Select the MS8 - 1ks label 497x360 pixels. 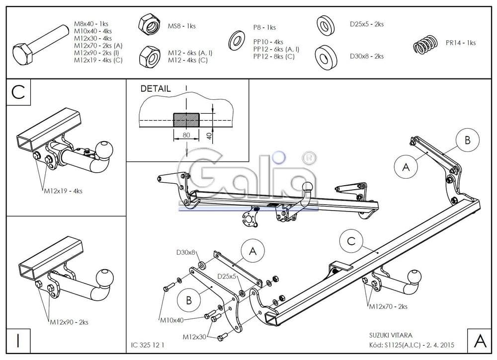pos(181,26)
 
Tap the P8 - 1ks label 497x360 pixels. pos(264,28)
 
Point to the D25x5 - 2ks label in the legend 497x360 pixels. pos(366,24)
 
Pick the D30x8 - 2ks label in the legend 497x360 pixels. pos(366,56)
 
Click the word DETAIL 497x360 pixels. pos(156,89)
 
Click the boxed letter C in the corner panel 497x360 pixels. pos(18,92)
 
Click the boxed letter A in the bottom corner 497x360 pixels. pos(480,341)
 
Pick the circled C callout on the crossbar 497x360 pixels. pos(351,241)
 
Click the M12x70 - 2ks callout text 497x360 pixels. pos(388,307)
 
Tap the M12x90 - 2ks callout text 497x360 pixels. pos(69,322)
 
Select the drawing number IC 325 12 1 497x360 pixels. pos(148,345)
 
